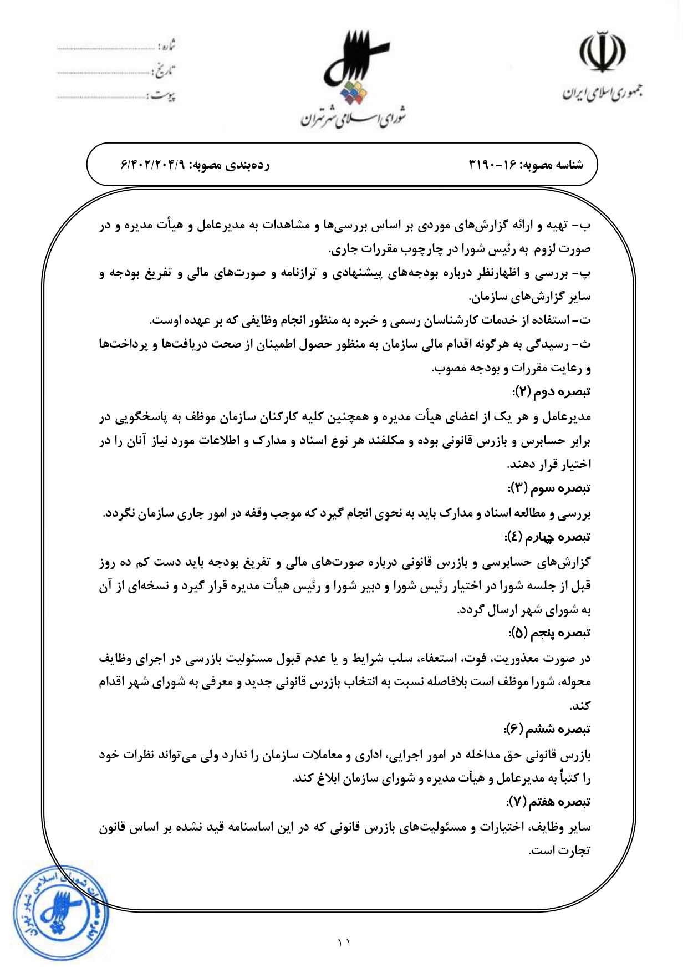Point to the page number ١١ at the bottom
coord(344,941)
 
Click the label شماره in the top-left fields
coord(166,46)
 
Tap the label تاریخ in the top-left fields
coord(164,71)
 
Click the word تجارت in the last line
coord(577,850)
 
